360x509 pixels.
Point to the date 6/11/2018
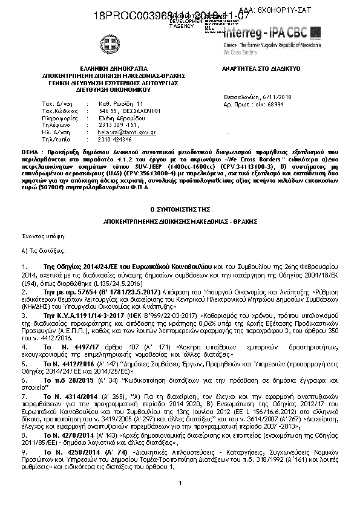pos(278,97)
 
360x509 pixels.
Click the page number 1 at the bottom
pos(180,482)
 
